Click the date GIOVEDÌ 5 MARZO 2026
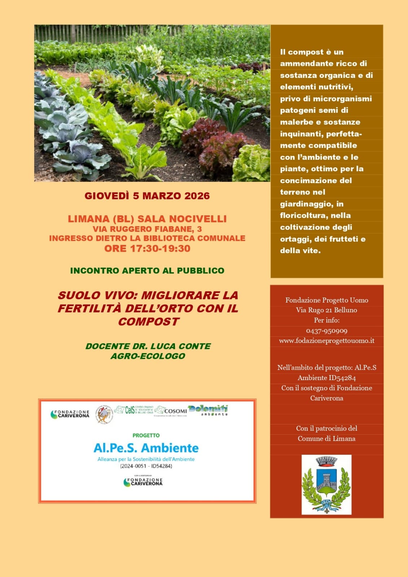click(x=147, y=196)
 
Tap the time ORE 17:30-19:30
click(x=147, y=248)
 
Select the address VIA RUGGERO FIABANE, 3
click(x=147, y=229)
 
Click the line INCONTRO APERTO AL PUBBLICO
click(x=147, y=270)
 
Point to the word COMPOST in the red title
click(x=148, y=322)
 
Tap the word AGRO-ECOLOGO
click(x=148, y=356)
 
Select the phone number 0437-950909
click(x=326, y=331)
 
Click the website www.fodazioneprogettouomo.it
click(x=326, y=340)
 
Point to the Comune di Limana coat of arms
click(x=326, y=484)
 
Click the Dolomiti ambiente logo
click(x=208, y=410)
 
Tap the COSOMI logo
click(x=171, y=411)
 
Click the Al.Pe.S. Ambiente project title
click(x=146, y=448)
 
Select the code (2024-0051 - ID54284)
click(x=146, y=466)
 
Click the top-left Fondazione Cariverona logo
click(x=70, y=414)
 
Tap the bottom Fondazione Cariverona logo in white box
click(x=143, y=482)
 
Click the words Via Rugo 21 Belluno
click(x=326, y=310)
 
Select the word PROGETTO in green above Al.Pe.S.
click(x=146, y=435)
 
